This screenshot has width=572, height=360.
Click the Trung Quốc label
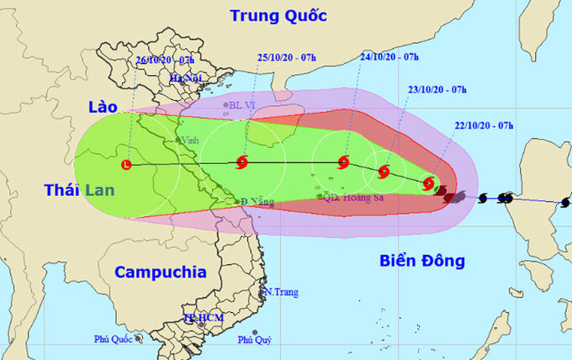point(278,15)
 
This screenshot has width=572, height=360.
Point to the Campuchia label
point(160,272)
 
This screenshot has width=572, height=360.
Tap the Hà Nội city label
point(186,78)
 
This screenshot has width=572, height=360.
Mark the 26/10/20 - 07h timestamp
point(166,61)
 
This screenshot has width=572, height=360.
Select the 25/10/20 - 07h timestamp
point(287,57)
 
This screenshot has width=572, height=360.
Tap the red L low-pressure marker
point(127,164)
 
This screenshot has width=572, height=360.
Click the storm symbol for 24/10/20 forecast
point(343,162)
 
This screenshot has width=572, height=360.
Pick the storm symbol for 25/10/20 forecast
point(242,162)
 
